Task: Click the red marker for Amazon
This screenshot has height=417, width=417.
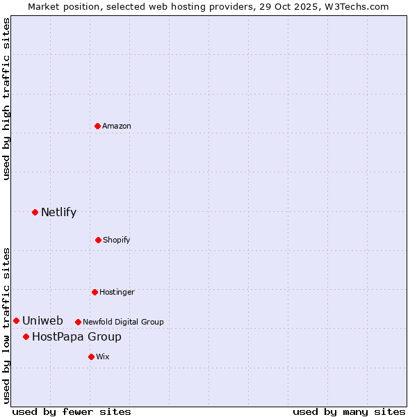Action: click(98, 126)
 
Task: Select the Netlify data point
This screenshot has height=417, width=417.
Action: click(35, 212)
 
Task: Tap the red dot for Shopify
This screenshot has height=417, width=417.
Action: click(98, 240)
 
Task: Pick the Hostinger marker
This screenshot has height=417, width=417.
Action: click(95, 292)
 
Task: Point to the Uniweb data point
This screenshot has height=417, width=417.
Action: click(16, 320)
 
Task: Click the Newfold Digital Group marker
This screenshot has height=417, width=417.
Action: click(78, 322)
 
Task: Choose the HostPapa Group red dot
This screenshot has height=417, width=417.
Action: click(26, 336)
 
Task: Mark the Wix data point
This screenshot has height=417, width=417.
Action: click(91, 357)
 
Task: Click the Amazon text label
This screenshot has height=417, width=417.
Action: click(117, 126)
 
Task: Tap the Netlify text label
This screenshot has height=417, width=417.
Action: click(58, 212)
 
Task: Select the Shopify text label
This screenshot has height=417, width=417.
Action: click(117, 240)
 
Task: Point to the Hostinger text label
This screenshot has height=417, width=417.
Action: click(117, 292)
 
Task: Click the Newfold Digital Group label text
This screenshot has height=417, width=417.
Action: click(123, 322)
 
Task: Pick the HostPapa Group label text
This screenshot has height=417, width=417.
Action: click(76, 336)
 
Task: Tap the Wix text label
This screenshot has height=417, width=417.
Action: click(103, 357)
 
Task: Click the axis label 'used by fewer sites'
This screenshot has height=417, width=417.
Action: click(72, 411)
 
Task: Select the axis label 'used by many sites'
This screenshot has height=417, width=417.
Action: click(349, 411)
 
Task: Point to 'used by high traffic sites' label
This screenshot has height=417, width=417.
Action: click(6, 99)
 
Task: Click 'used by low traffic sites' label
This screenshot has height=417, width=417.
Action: click(6, 325)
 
